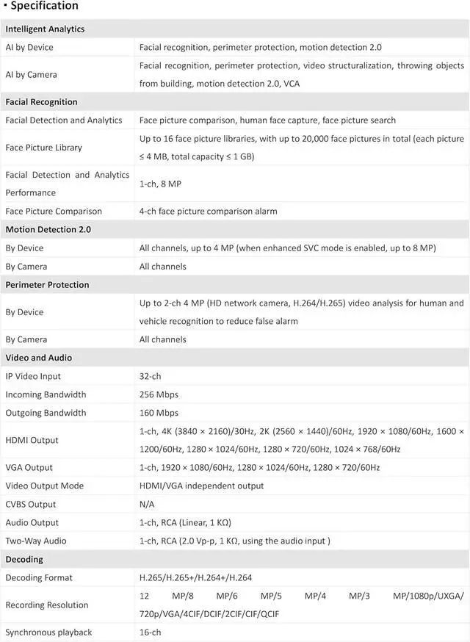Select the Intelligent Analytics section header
click(x=45, y=29)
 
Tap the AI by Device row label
click(x=29, y=48)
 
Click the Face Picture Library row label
click(x=43, y=148)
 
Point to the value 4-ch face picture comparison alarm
click(x=209, y=212)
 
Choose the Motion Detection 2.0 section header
click(x=48, y=230)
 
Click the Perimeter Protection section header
click(x=47, y=285)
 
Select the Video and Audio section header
click(x=39, y=358)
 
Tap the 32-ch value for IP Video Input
click(x=151, y=376)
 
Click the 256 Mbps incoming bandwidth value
click(x=159, y=394)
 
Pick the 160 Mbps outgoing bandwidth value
click(x=159, y=413)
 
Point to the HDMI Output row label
click(x=32, y=440)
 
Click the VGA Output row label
click(x=29, y=468)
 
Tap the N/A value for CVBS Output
click(x=147, y=505)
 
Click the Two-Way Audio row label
click(x=36, y=541)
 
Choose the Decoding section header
click(x=24, y=560)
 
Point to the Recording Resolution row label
click(x=47, y=605)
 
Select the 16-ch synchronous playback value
click(x=151, y=632)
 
